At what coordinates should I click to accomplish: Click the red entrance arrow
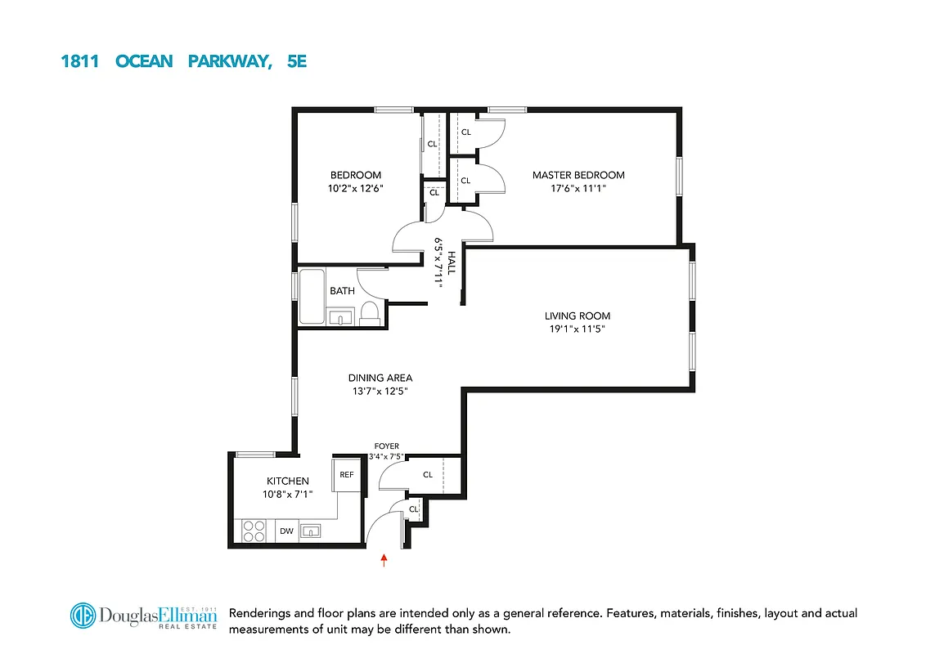pyautogui.click(x=384, y=560)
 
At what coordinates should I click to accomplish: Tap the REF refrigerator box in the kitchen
pyautogui.click(x=347, y=474)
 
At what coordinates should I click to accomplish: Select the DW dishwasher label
pyautogui.click(x=286, y=531)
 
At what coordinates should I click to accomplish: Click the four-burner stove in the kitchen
pyautogui.click(x=254, y=531)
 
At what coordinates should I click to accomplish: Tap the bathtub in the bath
pyautogui.click(x=311, y=296)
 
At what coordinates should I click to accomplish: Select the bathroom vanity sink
pyautogui.click(x=340, y=316)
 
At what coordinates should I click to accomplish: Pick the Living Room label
pyautogui.click(x=578, y=316)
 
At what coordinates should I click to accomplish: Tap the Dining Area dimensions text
pyautogui.click(x=380, y=392)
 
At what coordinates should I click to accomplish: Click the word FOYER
pyautogui.click(x=386, y=446)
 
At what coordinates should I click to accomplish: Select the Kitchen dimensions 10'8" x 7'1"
pyautogui.click(x=287, y=495)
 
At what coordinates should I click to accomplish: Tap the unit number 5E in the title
pyautogui.click(x=297, y=61)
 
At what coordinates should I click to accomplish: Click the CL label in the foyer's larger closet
pyautogui.click(x=428, y=475)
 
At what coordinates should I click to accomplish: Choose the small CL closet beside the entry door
pyautogui.click(x=414, y=509)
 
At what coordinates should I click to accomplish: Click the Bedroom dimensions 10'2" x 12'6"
pyautogui.click(x=356, y=189)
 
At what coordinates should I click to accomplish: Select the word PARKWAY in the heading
pyautogui.click(x=229, y=61)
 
